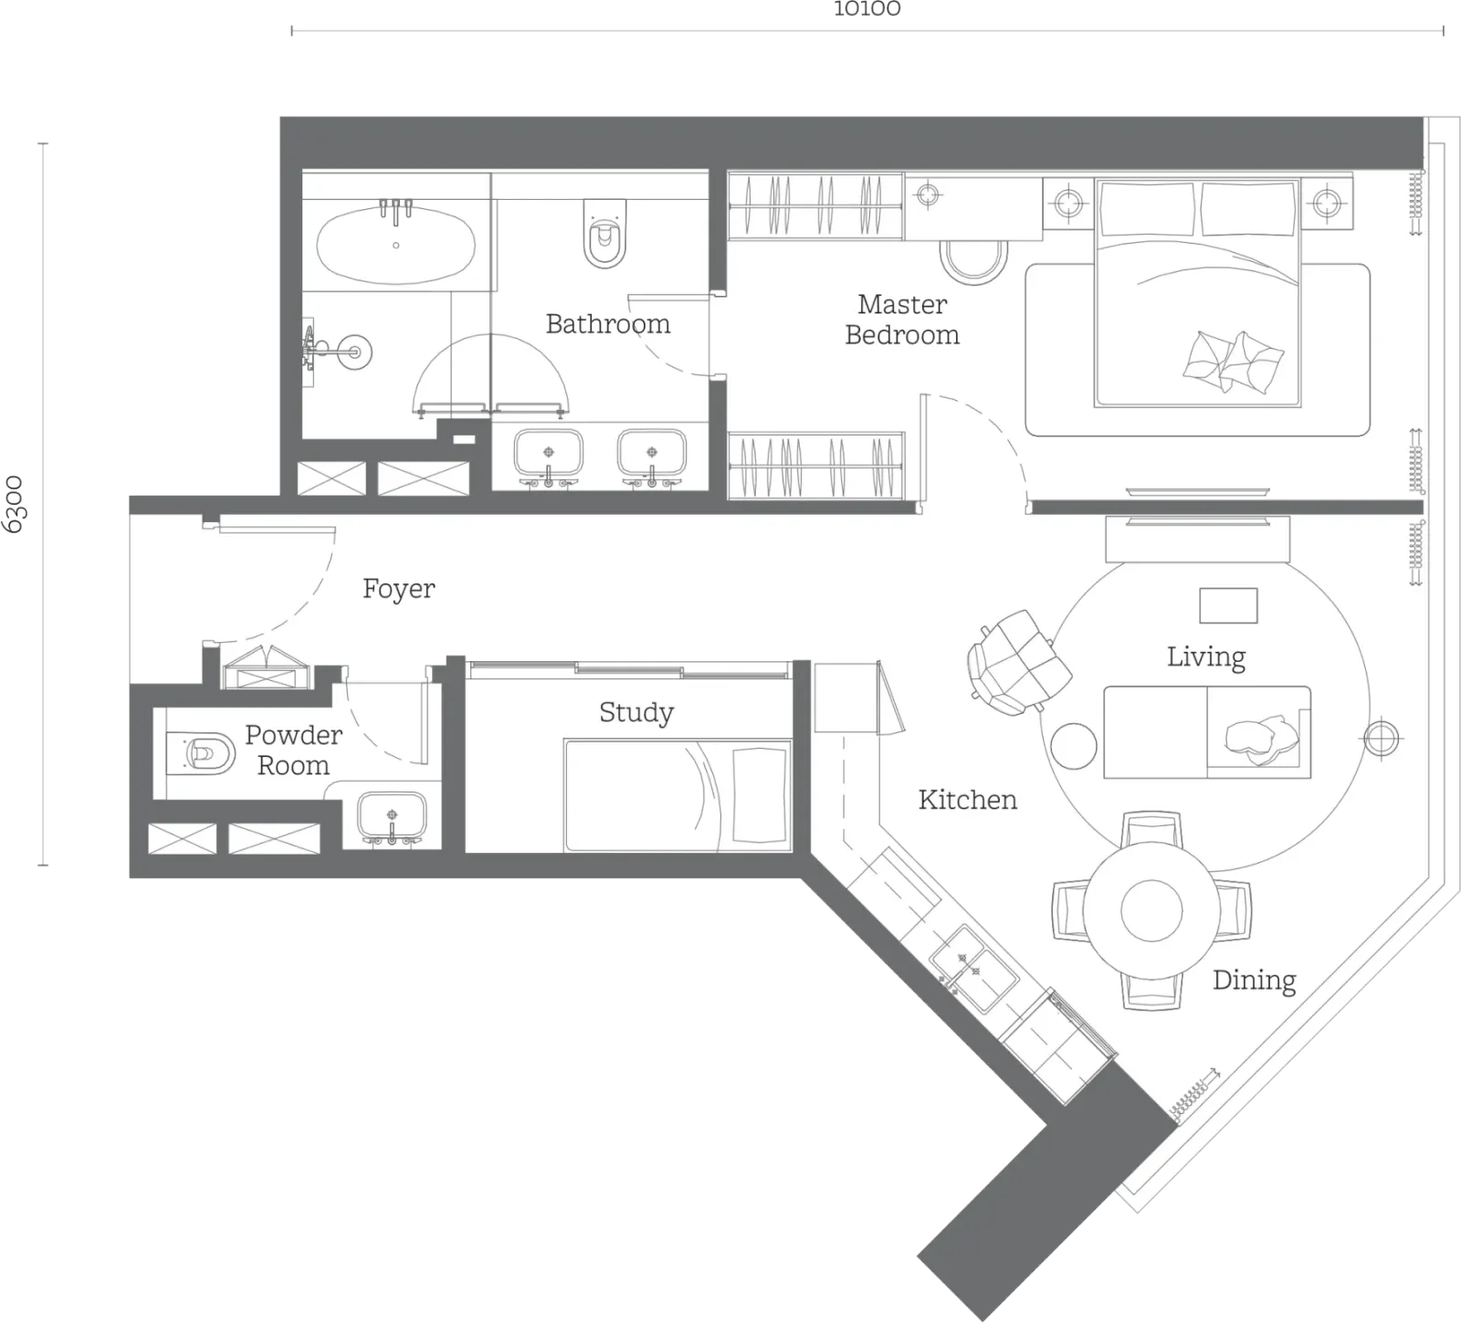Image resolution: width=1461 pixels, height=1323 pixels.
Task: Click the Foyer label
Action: click(398, 589)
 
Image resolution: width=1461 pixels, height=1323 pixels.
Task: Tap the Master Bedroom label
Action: click(902, 320)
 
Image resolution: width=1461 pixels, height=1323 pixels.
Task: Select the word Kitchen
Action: click(967, 800)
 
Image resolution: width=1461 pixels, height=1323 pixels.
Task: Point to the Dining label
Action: click(1254, 981)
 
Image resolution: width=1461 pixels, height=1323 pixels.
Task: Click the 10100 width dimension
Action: click(867, 9)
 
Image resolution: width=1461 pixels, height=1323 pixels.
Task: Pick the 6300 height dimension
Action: click(16, 504)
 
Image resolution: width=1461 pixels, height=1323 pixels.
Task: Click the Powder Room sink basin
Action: click(392, 815)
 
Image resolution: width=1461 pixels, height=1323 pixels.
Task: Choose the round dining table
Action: click(1151, 910)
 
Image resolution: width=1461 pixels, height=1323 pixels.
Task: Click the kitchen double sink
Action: click(973, 969)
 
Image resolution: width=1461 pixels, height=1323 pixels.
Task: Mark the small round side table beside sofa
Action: click(1073, 746)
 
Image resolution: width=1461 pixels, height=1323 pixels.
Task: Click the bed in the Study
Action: click(678, 795)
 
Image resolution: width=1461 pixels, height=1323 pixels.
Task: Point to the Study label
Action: click(636, 712)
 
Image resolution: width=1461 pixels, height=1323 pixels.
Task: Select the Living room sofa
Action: click(1207, 732)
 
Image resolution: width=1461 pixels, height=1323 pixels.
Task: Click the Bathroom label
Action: click(607, 323)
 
